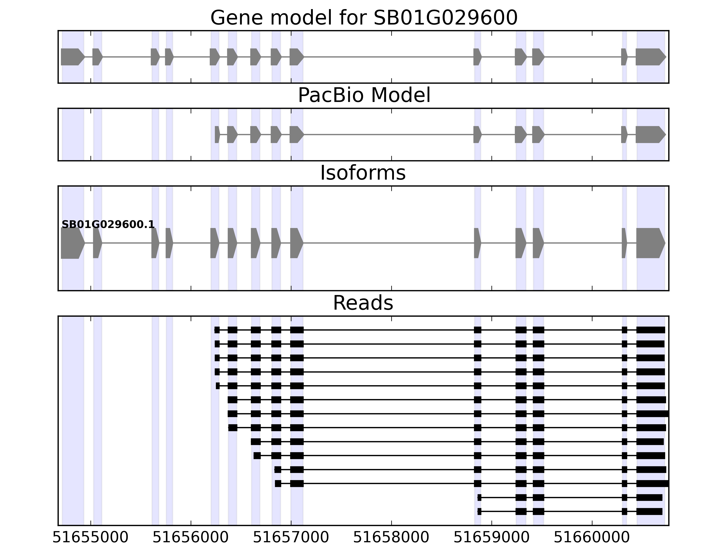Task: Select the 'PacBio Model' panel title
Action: click(x=364, y=95)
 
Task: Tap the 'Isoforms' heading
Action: click(x=363, y=173)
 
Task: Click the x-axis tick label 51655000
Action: click(x=90, y=538)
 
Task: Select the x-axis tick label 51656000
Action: click(x=191, y=538)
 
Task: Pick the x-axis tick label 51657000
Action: click(x=291, y=538)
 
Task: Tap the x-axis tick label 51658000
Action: click(x=391, y=538)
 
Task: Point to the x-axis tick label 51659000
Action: click(x=491, y=538)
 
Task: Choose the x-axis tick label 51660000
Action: click(x=592, y=538)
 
